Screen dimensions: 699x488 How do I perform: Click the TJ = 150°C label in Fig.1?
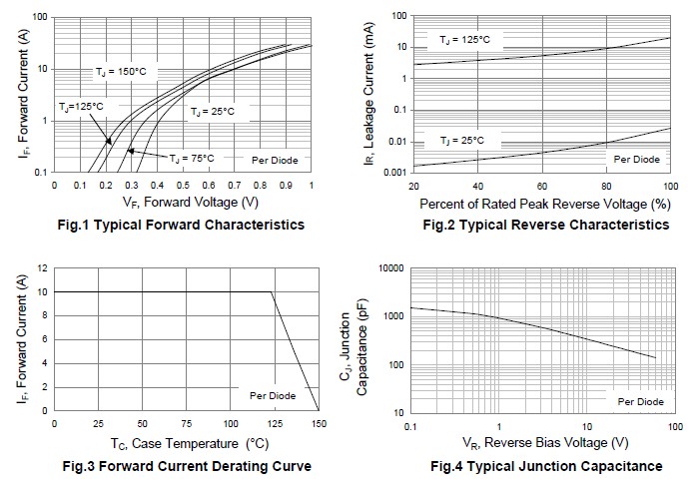pyautogui.click(x=121, y=72)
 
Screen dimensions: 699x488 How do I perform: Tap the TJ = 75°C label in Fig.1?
pyautogui.click(x=192, y=159)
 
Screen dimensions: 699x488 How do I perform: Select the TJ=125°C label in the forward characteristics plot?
pyautogui.click(x=81, y=107)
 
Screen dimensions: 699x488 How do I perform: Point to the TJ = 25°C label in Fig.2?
pyautogui.click(x=461, y=141)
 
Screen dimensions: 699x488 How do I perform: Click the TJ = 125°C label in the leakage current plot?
pyautogui.click(x=464, y=40)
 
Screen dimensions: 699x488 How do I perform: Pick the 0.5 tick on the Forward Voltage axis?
pyautogui.click(x=183, y=185)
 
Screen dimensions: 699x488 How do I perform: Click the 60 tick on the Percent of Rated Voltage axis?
pyautogui.click(x=542, y=186)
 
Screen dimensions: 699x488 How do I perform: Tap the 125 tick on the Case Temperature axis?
pyautogui.click(x=275, y=424)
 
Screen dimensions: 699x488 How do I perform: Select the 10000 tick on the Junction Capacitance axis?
pyautogui.click(x=391, y=268)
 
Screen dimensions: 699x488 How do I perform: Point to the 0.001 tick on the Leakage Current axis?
pyautogui.click(x=395, y=173)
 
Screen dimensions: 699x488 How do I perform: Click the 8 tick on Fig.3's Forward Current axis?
pyautogui.click(x=45, y=315)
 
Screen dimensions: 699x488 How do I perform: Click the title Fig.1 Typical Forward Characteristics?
pyautogui.click(x=181, y=225)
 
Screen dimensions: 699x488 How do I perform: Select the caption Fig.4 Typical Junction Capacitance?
pyautogui.click(x=546, y=466)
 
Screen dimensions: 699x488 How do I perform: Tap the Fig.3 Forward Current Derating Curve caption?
pyautogui.click(x=187, y=466)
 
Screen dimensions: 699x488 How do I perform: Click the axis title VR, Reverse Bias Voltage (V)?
pyautogui.click(x=545, y=442)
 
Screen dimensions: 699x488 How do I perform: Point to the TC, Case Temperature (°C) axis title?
pyautogui.click(x=190, y=443)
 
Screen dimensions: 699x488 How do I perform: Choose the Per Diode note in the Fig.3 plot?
pyautogui.click(x=273, y=396)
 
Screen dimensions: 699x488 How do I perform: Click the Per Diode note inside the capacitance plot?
pyautogui.click(x=641, y=401)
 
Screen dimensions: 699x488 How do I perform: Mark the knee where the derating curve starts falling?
pyautogui.click(x=271, y=292)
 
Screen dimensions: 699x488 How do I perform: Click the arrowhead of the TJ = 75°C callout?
pyautogui.click(x=130, y=151)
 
